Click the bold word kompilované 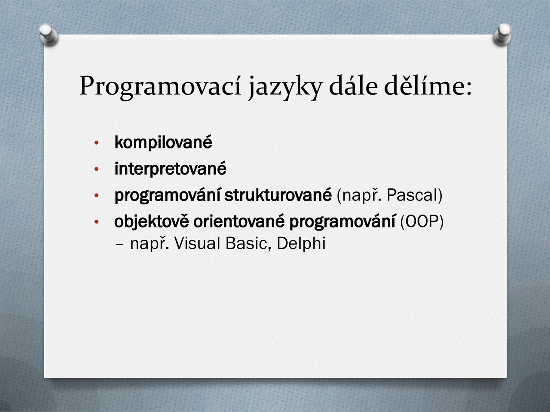click(x=163, y=142)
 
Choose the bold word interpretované click(x=171, y=169)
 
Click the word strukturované click(x=278, y=195)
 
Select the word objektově click(x=152, y=221)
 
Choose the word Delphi click(x=301, y=244)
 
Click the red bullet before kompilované click(x=97, y=143)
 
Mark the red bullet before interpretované click(x=97, y=170)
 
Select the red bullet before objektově click(x=97, y=222)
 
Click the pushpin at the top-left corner click(x=49, y=34)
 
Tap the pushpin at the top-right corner click(x=502, y=34)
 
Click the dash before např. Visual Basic click(x=120, y=244)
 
